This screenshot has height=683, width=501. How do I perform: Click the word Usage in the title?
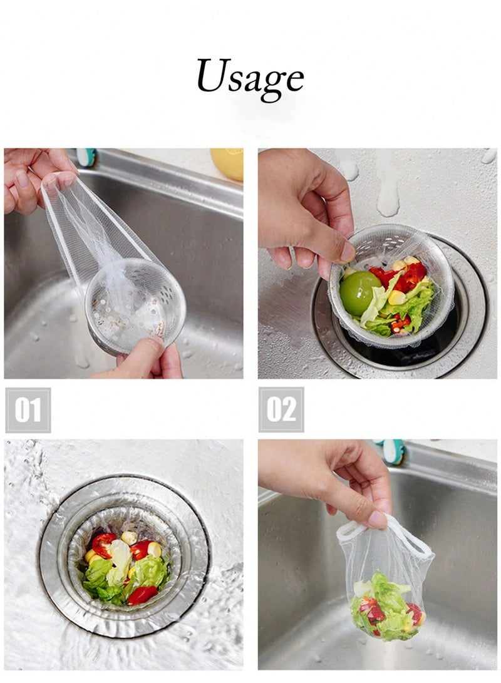pos(250,79)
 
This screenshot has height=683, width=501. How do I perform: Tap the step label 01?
pos(28,410)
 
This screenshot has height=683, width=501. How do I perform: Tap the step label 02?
pos(281,410)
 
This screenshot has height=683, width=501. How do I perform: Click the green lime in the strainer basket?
pos(360,293)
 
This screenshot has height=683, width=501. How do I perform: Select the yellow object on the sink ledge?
pos(227,164)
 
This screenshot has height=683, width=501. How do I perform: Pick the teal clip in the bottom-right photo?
pos(393,452)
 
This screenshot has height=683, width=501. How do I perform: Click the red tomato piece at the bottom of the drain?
pos(142,595)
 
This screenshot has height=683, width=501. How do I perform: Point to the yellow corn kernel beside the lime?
pos(396,298)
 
